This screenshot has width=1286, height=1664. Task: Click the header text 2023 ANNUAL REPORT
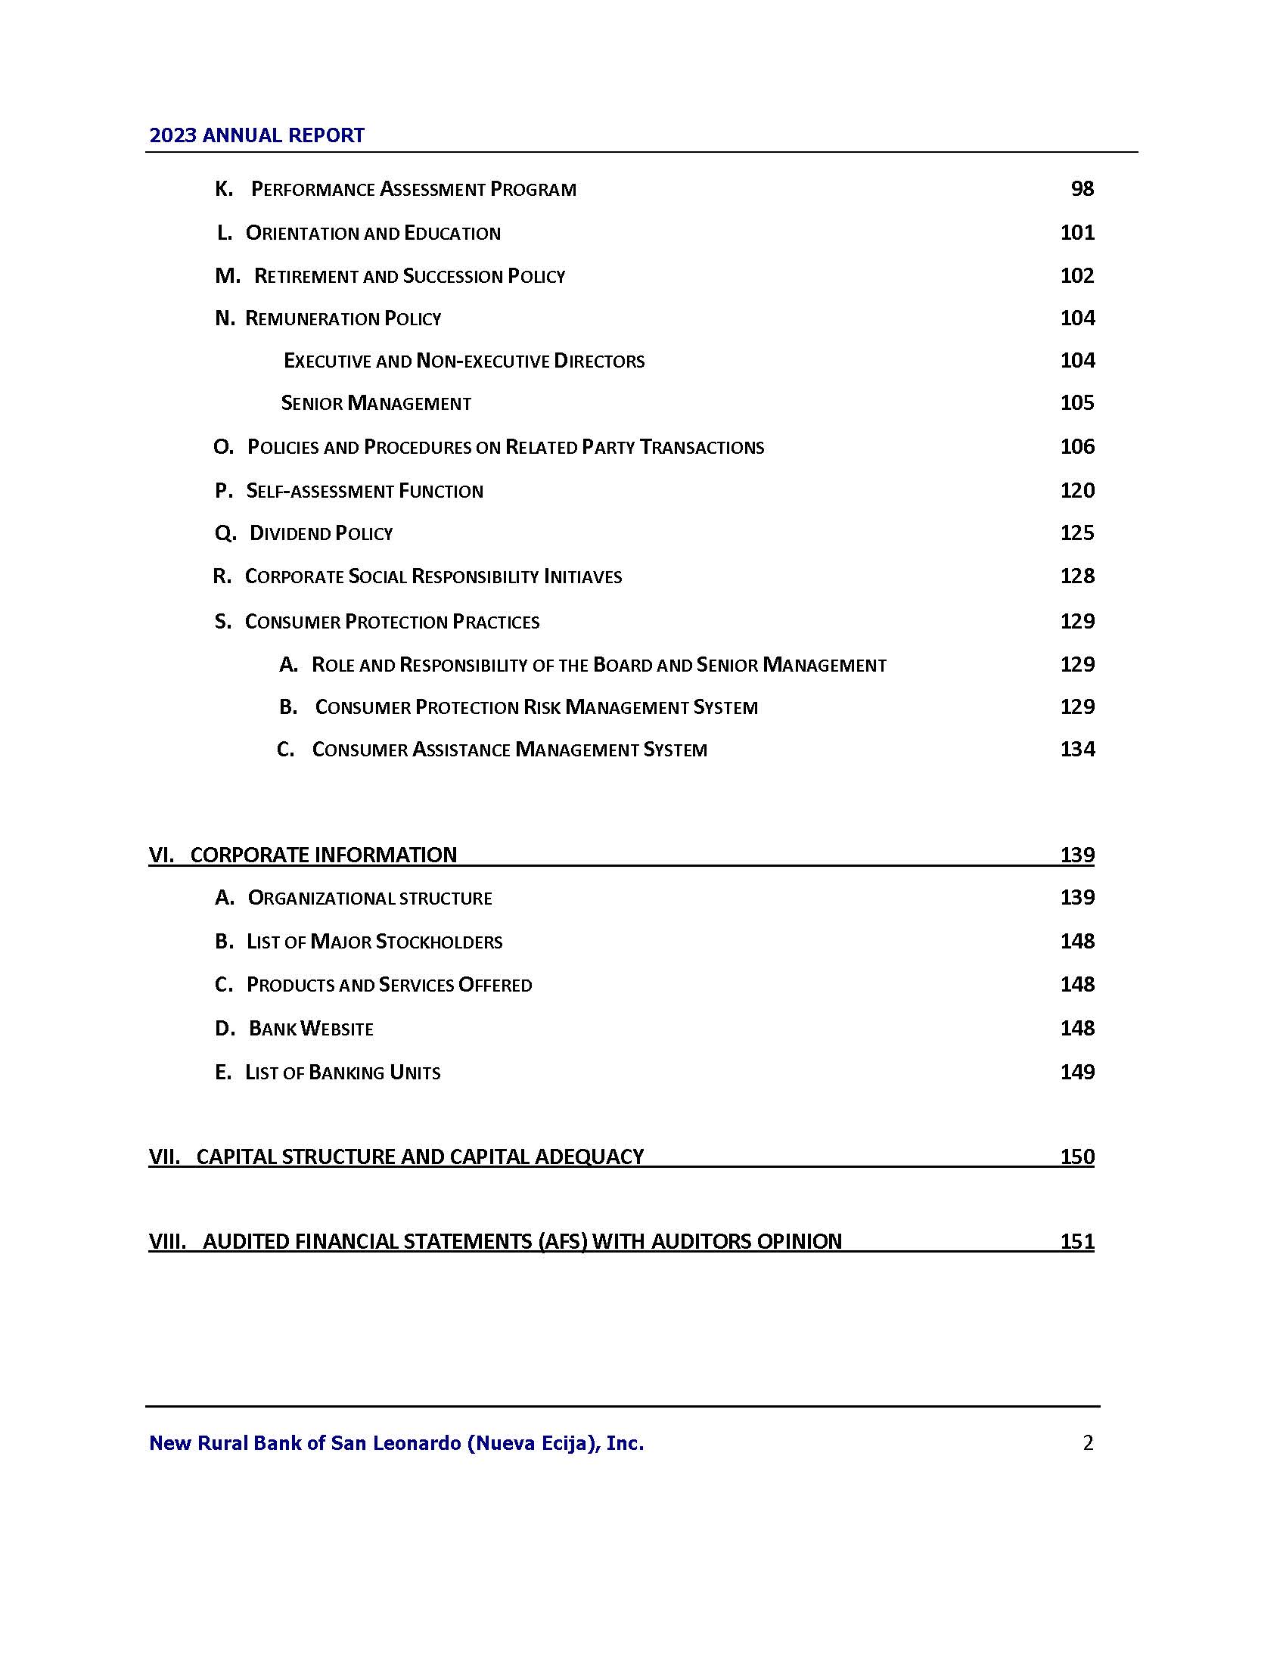pyautogui.click(x=256, y=135)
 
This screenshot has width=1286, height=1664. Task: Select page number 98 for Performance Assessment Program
pyautogui.click(x=1082, y=189)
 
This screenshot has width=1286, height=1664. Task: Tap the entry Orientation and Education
pyautogui.click(x=372, y=233)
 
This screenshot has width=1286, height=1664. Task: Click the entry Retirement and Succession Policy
pyautogui.click(x=409, y=276)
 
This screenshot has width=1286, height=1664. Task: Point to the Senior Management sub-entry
pyautogui.click(x=376, y=403)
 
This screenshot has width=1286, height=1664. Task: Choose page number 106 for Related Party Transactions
pyautogui.click(x=1077, y=447)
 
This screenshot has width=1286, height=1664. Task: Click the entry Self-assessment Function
pyautogui.click(x=364, y=491)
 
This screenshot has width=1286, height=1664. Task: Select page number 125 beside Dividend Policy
pyautogui.click(x=1077, y=533)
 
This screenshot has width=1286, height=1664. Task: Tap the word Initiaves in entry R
pyautogui.click(x=582, y=577)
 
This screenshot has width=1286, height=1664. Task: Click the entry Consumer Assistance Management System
pyautogui.click(x=509, y=750)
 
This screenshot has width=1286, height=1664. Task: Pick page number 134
pyautogui.click(x=1077, y=750)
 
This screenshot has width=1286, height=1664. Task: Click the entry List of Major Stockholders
pyautogui.click(x=374, y=942)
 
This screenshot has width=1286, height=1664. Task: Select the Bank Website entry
pyautogui.click(x=311, y=1029)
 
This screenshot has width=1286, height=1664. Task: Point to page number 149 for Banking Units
pyautogui.click(x=1077, y=1073)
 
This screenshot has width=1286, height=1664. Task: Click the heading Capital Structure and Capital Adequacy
pyautogui.click(x=420, y=1156)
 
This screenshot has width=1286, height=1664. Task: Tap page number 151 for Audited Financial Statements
pyautogui.click(x=1077, y=1241)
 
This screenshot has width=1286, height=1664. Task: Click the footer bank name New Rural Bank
pyautogui.click(x=396, y=1442)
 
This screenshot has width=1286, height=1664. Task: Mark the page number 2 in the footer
pyautogui.click(x=1088, y=1442)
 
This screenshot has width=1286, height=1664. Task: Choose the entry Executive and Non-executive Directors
pyautogui.click(x=464, y=361)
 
